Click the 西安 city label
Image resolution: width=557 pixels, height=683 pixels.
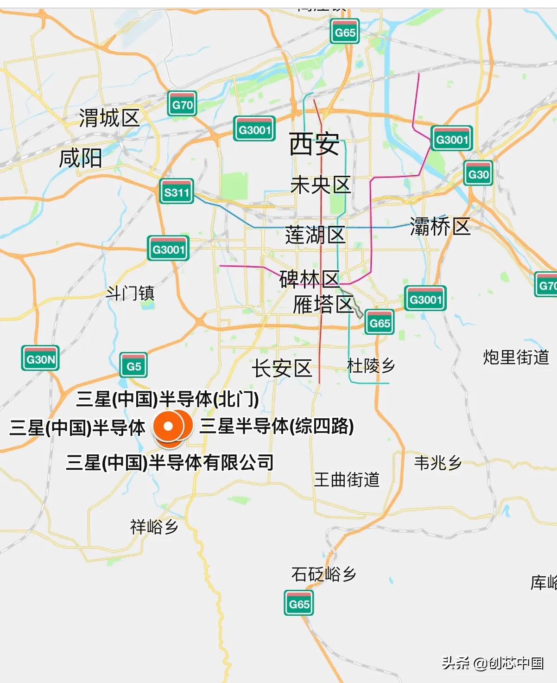coord(314,144)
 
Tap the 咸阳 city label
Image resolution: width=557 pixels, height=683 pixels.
coord(81,159)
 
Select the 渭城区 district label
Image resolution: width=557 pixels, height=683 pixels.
coord(109,118)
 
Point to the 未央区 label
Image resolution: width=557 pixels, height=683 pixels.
coord(320,185)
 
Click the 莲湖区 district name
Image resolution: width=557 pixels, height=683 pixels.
coord(315,235)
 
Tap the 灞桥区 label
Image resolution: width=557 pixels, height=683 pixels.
coord(440,227)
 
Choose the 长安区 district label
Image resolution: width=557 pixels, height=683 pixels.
coord(282,369)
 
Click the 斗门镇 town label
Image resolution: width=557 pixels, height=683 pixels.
coord(130,293)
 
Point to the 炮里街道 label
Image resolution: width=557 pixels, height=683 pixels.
coord(516,357)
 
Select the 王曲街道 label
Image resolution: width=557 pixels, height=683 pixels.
coord(347,479)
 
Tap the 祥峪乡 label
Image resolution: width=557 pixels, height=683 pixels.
coord(154,527)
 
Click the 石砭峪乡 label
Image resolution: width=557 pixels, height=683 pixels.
coord(323,574)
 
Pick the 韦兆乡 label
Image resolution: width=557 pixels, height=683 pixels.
coord(438,463)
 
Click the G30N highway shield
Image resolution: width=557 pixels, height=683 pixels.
coord(41,358)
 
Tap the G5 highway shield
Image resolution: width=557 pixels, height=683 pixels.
coord(133,365)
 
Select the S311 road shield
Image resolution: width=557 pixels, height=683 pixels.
coord(177,191)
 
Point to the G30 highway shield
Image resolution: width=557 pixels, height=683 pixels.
coord(478,173)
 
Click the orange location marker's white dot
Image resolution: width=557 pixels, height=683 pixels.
coord(169,426)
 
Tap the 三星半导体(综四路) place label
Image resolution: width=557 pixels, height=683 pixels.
coord(277,426)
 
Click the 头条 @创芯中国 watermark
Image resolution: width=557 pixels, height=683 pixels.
coord(493,663)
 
